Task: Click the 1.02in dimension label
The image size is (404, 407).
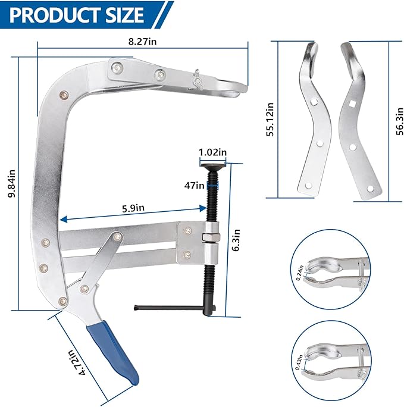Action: point(213,152)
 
